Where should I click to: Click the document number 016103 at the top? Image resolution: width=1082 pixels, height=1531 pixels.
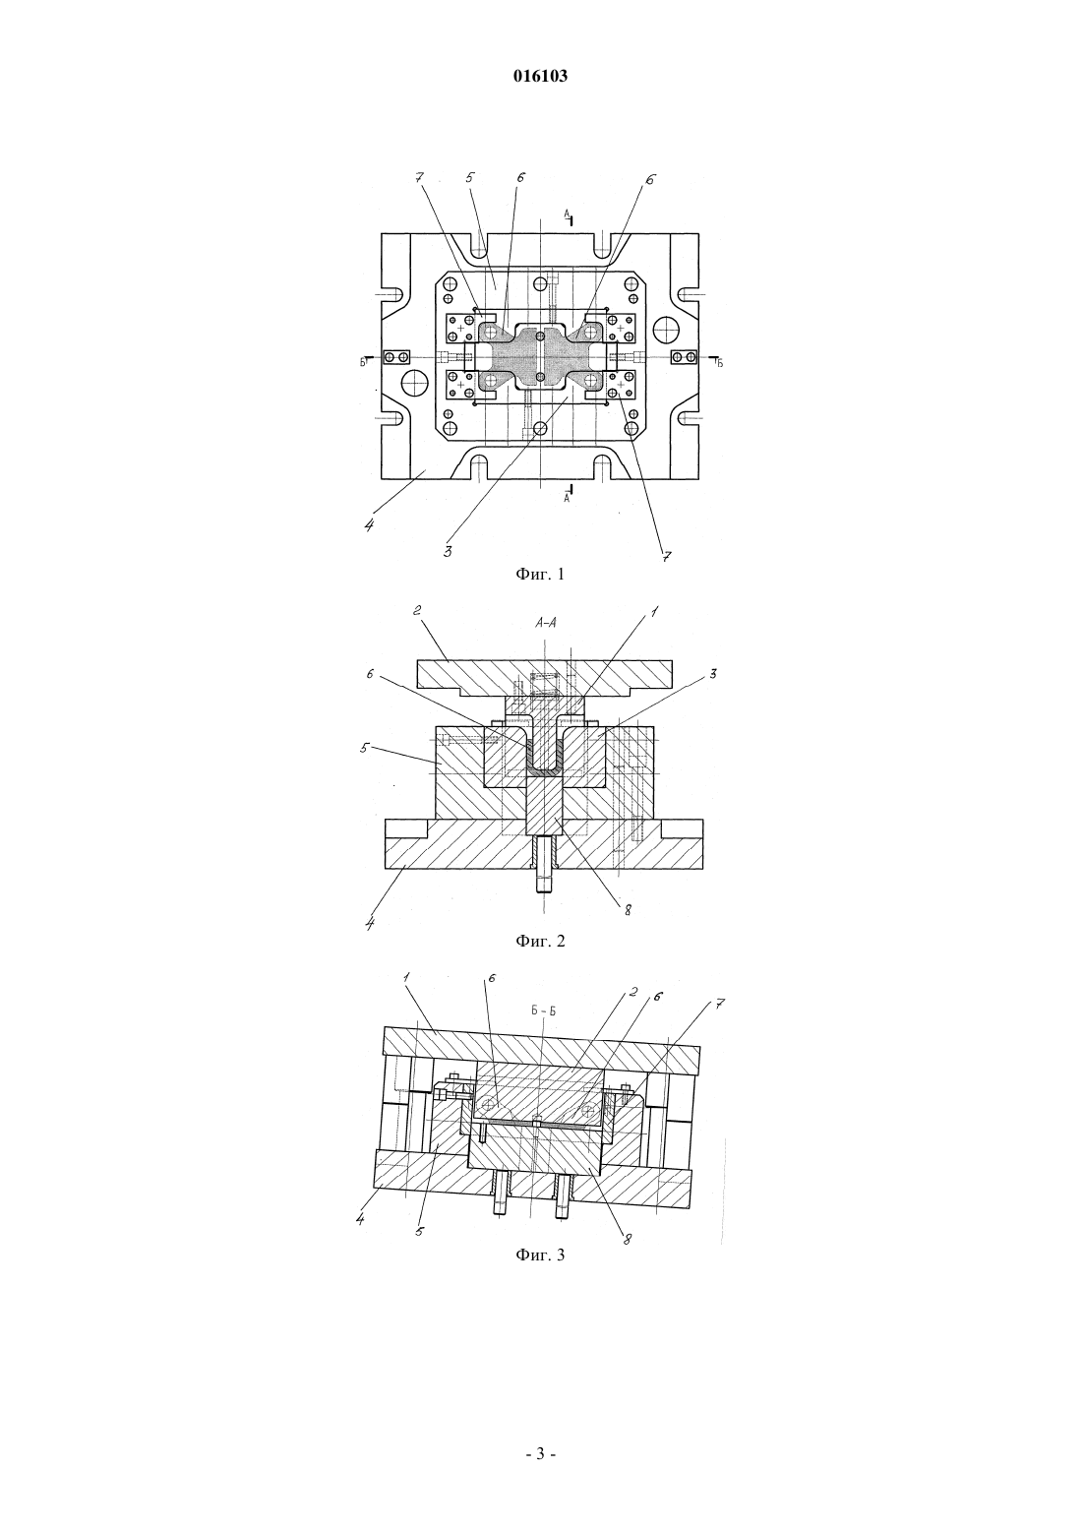pyautogui.click(x=540, y=76)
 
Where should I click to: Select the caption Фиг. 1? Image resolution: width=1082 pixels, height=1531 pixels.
pyautogui.click(x=540, y=575)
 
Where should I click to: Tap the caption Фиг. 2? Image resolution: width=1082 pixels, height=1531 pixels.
pyautogui.click(x=540, y=942)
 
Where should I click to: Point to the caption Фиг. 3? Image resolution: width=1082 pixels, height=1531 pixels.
pyautogui.click(x=540, y=1255)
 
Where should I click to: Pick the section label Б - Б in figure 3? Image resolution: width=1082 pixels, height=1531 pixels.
pyautogui.click(x=544, y=1010)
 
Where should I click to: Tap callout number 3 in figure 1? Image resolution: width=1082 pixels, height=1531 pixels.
pyautogui.click(x=448, y=551)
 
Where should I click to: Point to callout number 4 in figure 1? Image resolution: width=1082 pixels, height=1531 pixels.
pyautogui.click(x=369, y=526)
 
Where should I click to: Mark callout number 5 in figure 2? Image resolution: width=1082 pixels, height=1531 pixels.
pyautogui.click(x=366, y=748)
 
